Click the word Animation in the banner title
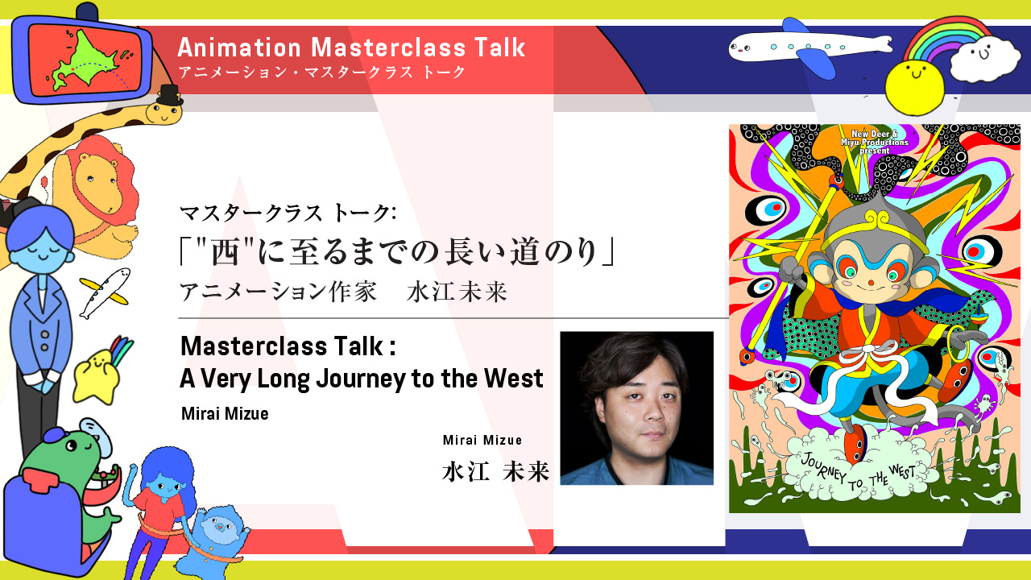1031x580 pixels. [x=239, y=48]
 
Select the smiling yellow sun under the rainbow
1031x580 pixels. [x=914, y=87]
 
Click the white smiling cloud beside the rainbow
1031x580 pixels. [x=985, y=58]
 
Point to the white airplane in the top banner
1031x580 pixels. [x=810, y=47]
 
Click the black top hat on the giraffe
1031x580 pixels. [x=169, y=95]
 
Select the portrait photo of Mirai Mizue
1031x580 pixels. [x=636, y=408]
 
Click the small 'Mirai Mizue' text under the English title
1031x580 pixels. [x=225, y=413]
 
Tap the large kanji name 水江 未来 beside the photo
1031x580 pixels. [x=495, y=471]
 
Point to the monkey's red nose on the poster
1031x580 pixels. [x=871, y=283]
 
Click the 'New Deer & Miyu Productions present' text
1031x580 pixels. [x=875, y=142]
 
